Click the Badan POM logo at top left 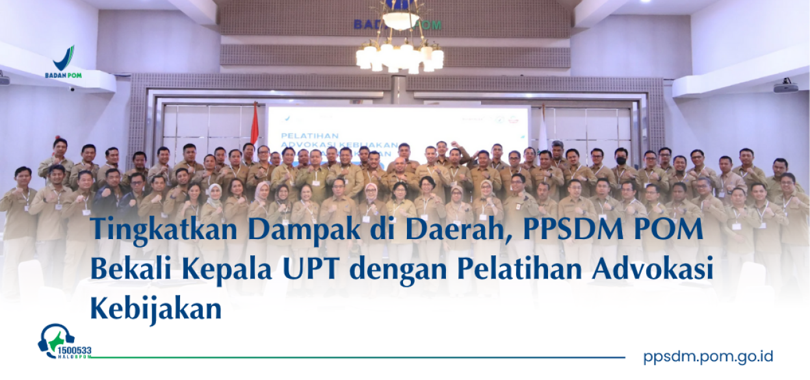(63, 62)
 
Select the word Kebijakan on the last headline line (156, 307)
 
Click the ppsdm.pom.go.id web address (708, 356)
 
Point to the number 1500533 (73, 351)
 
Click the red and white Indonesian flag (254, 123)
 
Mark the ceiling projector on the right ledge (785, 87)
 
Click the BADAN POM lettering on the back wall (397, 25)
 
